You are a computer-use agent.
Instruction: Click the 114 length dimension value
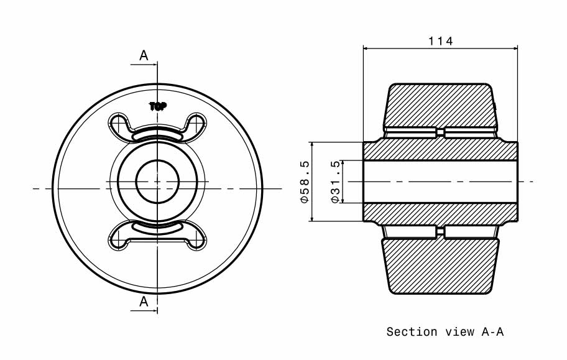click(440, 41)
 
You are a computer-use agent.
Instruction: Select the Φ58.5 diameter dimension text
click(305, 182)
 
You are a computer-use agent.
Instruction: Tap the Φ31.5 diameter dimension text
click(336, 182)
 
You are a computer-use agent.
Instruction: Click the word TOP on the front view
click(158, 106)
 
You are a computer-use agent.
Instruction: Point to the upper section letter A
click(144, 55)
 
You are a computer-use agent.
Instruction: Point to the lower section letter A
click(144, 302)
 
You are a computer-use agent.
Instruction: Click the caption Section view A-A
click(445, 332)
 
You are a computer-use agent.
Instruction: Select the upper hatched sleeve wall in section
click(440, 150)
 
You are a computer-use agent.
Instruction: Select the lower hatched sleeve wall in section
click(440, 213)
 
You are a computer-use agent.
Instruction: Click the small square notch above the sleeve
click(440, 132)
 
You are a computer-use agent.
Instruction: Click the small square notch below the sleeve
click(440, 231)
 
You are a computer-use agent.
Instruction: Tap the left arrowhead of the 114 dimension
click(367, 48)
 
